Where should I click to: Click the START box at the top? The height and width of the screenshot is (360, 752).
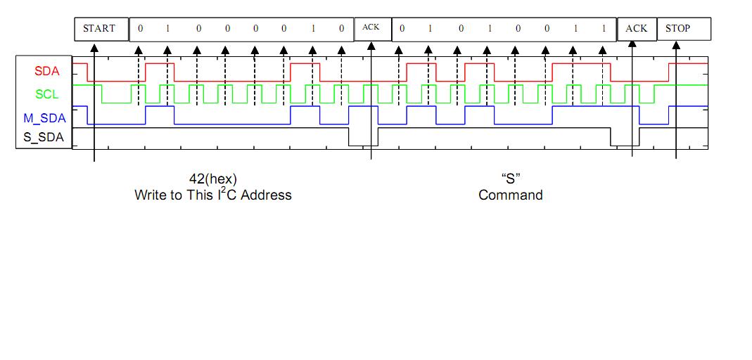99,29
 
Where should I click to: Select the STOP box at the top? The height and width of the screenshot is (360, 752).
678,29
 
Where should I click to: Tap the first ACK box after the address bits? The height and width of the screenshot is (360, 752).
371,27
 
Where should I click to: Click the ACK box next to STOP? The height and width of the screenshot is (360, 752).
637,29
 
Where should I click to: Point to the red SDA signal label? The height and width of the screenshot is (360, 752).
47,71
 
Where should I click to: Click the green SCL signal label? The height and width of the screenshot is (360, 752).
47,94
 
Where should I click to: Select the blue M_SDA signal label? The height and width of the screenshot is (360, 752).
44,118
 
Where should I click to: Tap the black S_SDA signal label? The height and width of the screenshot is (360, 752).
44,137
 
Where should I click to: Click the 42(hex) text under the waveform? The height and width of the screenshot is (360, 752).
213,179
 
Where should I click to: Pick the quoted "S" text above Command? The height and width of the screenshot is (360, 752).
511,179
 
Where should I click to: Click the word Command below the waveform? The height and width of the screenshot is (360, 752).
511,195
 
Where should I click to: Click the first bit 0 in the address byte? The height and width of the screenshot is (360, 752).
140,29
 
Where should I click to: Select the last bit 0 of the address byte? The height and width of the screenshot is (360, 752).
341,29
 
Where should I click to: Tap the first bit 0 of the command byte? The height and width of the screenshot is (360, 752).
402,29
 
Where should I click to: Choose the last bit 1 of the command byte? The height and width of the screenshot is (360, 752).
604,29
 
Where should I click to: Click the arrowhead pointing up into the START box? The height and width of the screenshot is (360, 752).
94,47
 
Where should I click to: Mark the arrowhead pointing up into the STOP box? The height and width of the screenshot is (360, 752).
677,46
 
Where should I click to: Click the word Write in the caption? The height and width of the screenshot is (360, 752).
150,195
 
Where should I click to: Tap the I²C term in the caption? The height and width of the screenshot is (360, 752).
227,194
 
